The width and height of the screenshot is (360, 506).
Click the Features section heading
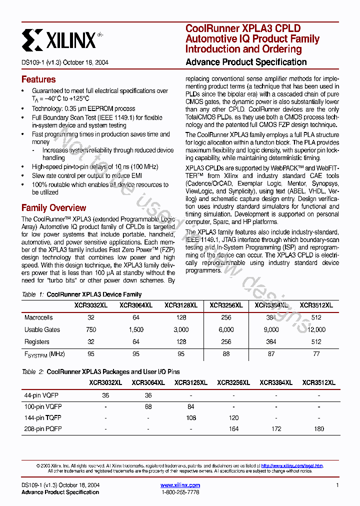[38, 79]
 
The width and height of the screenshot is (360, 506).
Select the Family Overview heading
[53, 208]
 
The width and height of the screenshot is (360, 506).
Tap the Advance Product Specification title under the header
[246, 62]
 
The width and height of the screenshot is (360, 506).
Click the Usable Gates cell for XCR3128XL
[180, 330]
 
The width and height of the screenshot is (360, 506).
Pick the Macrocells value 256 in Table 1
[226, 317]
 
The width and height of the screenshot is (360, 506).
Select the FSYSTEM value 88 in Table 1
[226, 354]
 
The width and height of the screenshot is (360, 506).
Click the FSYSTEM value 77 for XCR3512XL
[316, 354]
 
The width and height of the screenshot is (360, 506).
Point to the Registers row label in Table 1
[37, 342]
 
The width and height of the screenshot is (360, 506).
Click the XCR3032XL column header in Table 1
[90, 305]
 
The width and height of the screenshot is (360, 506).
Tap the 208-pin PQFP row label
[43, 428]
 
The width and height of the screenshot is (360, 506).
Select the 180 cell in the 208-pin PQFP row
[318, 428]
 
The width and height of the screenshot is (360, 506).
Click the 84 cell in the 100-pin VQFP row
[190, 407]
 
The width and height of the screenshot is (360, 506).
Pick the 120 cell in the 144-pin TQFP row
[233, 417]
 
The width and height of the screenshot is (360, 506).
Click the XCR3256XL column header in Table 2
[233, 382]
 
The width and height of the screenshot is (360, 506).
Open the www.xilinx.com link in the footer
[180, 485]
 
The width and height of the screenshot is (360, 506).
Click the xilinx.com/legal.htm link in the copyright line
[292, 466]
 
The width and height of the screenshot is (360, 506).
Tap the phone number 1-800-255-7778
[180, 492]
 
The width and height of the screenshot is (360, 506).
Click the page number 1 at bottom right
[337, 485]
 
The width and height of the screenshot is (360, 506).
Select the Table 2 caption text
[100, 372]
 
